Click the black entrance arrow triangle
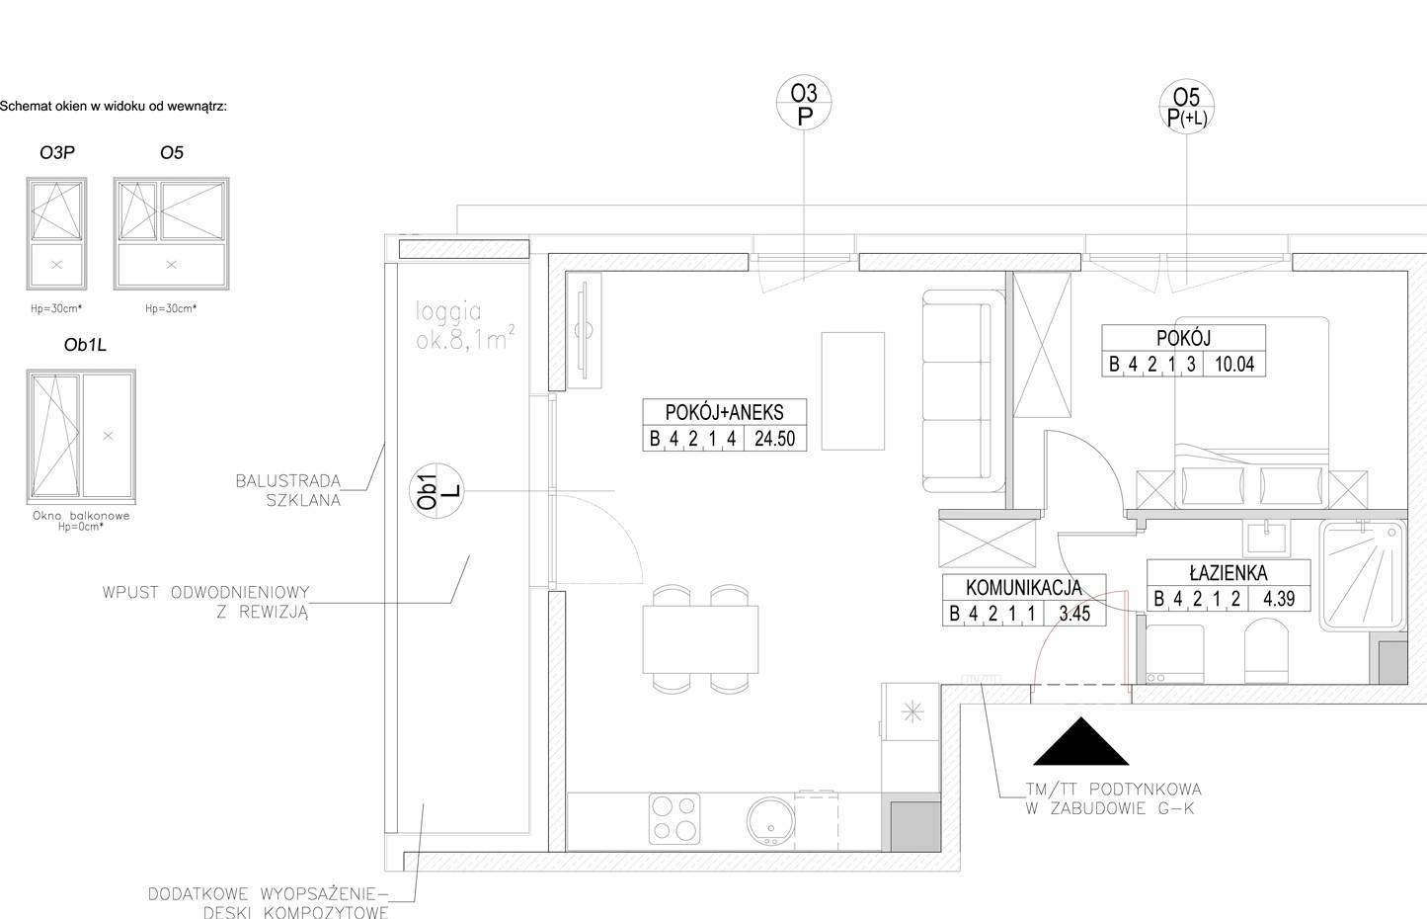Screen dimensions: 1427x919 pyautogui.click(x=1080, y=742)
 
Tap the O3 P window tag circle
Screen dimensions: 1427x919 pyautogui.click(x=804, y=103)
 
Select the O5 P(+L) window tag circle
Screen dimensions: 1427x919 pyautogui.click(x=1186, y=107)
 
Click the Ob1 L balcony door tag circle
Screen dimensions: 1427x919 pyautogui.click(x=436, y=491)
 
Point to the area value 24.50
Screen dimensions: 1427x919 pyautogui.click(x=774, y=439)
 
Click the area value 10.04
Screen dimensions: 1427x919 pyautogui.click(x=1234, y=364)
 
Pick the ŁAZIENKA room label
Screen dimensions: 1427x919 pyautogui.click(x=1229, y=573)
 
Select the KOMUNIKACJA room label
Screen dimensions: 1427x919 pyautogui.click(x=1024, y=588)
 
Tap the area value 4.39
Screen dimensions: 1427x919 pyautogui.click(x=1279, y=599)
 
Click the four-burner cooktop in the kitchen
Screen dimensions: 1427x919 pyautogui.click(x=674, y=819)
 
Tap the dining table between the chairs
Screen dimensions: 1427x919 pyautogui.click(x=700, y=639)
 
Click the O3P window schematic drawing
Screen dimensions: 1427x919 pyautogui.click(x=56, y=233)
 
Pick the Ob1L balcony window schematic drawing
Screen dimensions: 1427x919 pyautogui.click(x=81, y=437)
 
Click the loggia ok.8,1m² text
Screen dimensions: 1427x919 pyautogui.click(x=464, y=326)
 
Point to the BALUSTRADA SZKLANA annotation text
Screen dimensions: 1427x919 pyautogui.click(x=288, y=490)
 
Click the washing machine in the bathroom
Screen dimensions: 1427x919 pyautogui.click(x=1175, y=654)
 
